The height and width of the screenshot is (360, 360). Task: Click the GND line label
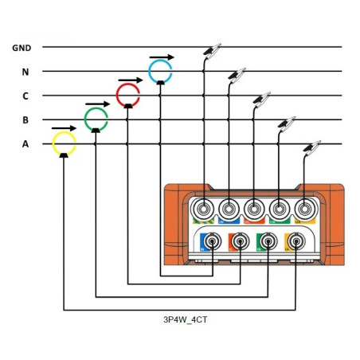click(22, 48)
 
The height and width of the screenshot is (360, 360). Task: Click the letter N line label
click(25, 72)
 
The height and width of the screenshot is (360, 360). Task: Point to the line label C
click(25, 96)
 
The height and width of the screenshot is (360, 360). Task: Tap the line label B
click(25, 120)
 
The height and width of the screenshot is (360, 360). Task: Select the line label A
click(25, 144)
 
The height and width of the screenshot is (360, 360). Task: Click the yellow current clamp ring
click(64, 144)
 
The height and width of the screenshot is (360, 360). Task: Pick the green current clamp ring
click(96, 119)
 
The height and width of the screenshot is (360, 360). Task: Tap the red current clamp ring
click(128, 96)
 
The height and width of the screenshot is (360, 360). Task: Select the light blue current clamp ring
click(161, 71)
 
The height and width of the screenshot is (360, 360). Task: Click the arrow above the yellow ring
click(64, 127)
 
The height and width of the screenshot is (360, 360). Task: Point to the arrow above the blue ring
click(161, 55)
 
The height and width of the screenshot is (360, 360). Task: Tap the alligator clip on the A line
click(311, 148)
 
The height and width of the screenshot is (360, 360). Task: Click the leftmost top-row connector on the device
click(204, 209)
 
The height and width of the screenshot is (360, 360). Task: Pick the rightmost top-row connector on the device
click(303, 209)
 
